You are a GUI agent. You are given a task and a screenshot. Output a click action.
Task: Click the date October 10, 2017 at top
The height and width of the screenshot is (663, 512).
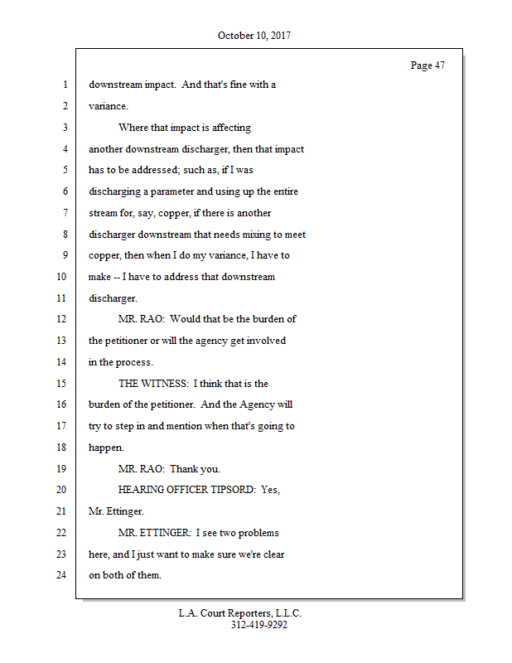pos(254,36)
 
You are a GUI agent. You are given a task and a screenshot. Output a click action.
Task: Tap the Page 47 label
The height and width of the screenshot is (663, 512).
pos(427,65)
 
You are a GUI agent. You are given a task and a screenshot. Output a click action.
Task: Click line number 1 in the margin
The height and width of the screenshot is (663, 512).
pos(64,85)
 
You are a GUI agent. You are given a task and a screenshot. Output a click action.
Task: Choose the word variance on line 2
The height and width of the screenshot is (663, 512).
pos(107,107)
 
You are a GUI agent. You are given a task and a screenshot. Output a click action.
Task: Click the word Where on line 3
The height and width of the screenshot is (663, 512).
pos(133,128)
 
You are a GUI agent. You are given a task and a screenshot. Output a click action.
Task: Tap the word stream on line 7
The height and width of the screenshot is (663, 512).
pos(104,213)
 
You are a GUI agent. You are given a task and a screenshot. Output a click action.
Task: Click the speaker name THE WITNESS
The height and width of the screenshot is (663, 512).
pos(152,384)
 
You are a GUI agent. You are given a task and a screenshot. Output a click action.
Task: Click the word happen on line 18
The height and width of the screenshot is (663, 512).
pos(105,447)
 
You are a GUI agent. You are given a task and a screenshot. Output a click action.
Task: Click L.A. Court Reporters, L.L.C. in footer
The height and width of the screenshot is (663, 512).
pos(240,613)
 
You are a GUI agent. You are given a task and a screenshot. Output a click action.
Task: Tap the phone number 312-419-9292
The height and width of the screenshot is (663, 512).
pos(258,625)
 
